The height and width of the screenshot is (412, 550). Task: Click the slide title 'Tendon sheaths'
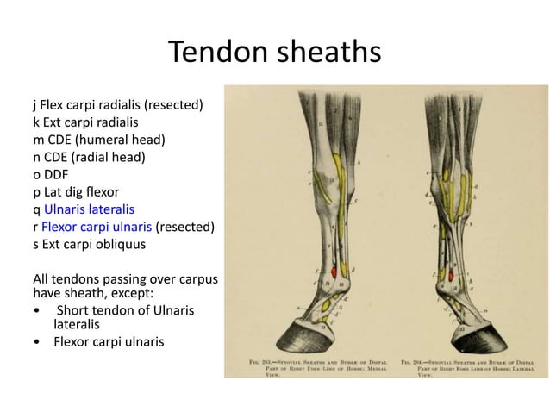pyautogui.click(x=274, y=53)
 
